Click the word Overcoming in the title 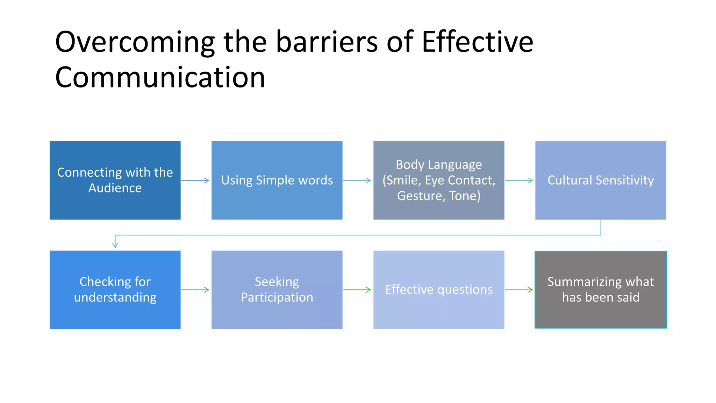135,42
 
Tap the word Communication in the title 160,77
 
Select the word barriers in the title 327,42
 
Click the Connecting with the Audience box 115,180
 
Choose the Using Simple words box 277,180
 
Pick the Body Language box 439,180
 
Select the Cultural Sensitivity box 601,180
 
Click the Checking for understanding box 115,290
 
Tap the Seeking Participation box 277,290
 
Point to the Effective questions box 439,290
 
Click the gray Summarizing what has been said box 601,290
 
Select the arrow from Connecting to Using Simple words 195,181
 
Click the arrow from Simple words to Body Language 357,181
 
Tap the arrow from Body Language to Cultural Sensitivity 519,181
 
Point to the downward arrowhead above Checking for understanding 115,245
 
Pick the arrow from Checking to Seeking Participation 195,290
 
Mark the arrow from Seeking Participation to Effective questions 357,290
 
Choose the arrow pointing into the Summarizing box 519,290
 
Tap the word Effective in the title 478,42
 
